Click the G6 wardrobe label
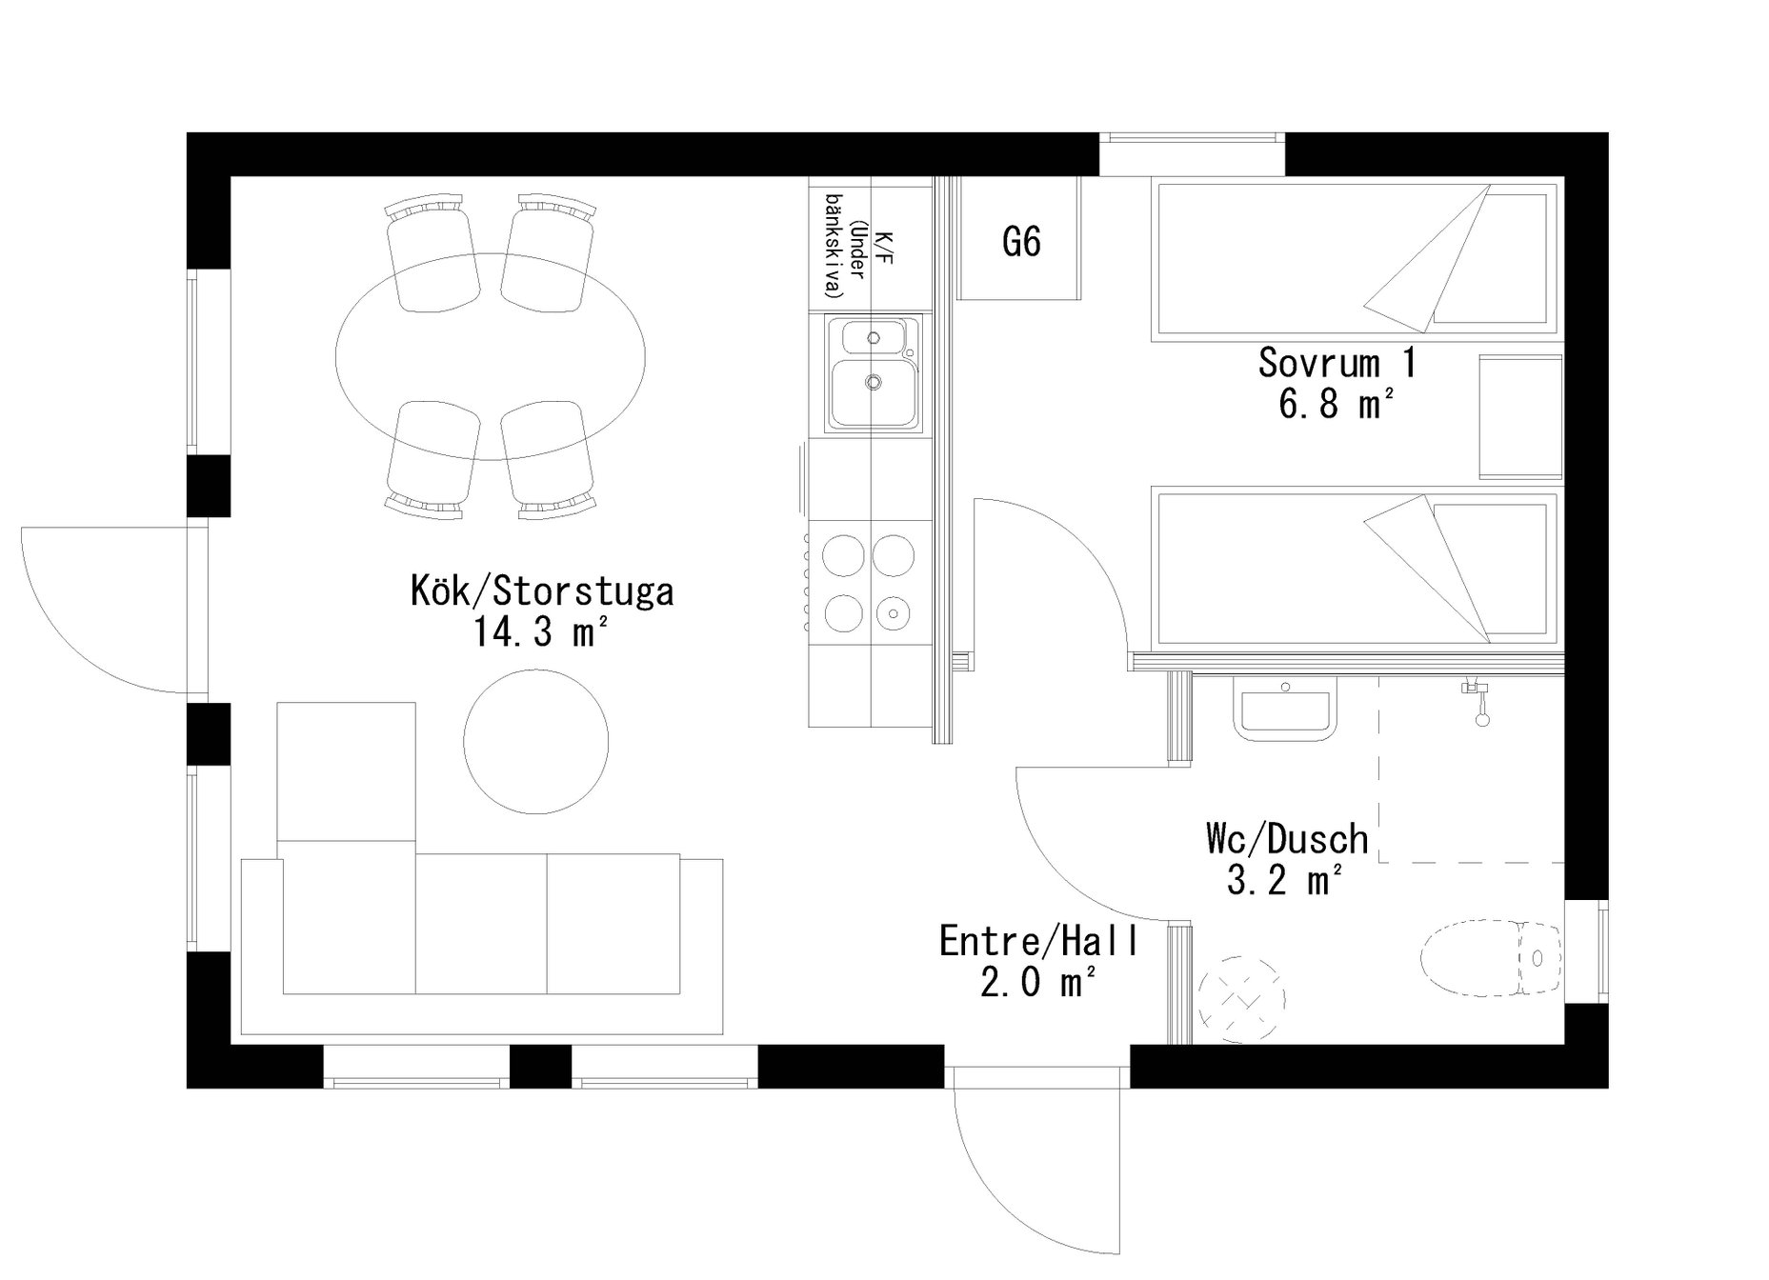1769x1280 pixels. tap(1021, 242)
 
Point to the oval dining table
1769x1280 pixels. tap(490, 356)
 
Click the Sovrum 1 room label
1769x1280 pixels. tap(1337, 363)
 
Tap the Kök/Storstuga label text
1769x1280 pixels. tap(542, 590)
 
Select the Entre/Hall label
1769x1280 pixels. tap(1038, 941)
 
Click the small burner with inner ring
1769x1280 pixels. tap(894, 611)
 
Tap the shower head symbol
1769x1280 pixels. tap(1476, 702)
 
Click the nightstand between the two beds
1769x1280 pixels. tap(1520, 417)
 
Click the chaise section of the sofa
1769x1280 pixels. tap(346, 848)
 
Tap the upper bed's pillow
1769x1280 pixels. tap(1490, 257)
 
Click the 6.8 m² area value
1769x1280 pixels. tap(1337, 405)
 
